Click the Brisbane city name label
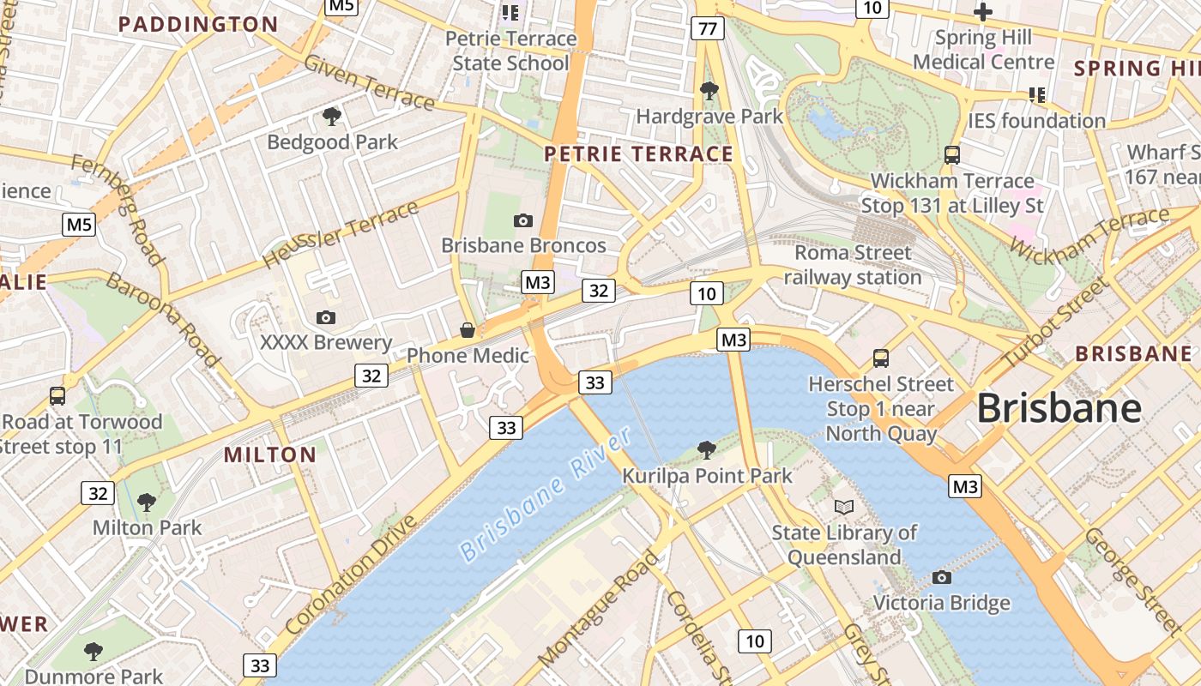pyautogui.click(x=1059, y=408)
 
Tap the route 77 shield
pyautogui.click(x=707, y=29)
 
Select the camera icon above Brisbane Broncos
pyautogui.click(x=523, y=220)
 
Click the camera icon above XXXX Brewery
pyautogui.click(x=326, y=317)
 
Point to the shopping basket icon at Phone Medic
pyautogui.click(x=468, y=330)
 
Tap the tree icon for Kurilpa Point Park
pyautogui.click(x=707, y=448)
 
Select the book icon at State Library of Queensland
pyautogui.click(x=844, y=507)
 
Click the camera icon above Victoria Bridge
pyautogui.click(x=942, y=577)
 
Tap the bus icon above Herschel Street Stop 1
pyautogui.click(x=881, y=358)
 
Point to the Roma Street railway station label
pyautogui.click(x=852, y=265)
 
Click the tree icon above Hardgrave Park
pyautogui.click(x=709, y=90)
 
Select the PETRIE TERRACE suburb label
pyautogui.click(x=639, y=154)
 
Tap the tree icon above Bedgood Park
pyautogui.click(x=332, y=116)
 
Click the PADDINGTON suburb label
pyautogui.click(x=198, y=24)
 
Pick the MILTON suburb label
pyautogui.click(x=270, y=454)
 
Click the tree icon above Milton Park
pyautogui.click(x=147, y=502)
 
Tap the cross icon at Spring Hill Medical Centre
pyautogui.click(x=983, y=12)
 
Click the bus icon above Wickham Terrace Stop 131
pyautogui.click(x=952, y=155)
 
